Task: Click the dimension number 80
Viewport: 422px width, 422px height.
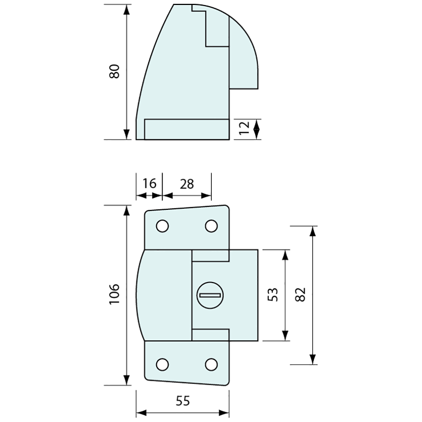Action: pos(115,71)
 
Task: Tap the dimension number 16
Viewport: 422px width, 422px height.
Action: pos(149,184)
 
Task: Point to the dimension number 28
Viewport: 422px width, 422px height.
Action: pos(186,184)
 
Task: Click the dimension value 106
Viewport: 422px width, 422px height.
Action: pos(115,295)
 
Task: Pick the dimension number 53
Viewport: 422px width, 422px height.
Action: pos(273,295)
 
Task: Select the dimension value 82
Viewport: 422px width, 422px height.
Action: pos(301,295)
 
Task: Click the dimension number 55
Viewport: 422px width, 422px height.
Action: pos(183,401)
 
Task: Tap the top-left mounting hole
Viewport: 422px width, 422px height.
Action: pos(162,226)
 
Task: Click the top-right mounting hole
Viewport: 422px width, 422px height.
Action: pos(211,226)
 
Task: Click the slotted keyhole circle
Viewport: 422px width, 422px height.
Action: pos(209,295)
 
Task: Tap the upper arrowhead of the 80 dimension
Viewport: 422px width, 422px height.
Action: pos(126,10)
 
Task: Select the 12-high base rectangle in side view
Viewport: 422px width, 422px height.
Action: pos(186,129)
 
